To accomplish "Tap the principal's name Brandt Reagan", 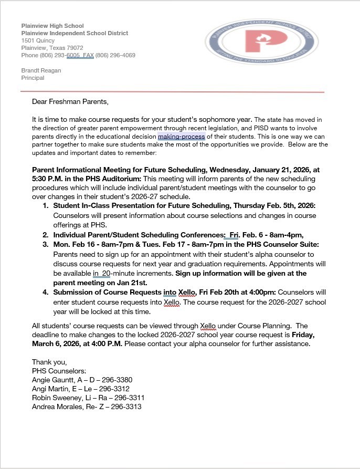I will pyautogui.click(x=41, y=70).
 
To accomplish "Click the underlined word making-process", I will pyautogui.click(x=182, y=137).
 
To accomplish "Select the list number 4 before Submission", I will pyautogui.click(x=46, y=292).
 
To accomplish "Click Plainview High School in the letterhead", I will pyautogui.click(x=52, y=26).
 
